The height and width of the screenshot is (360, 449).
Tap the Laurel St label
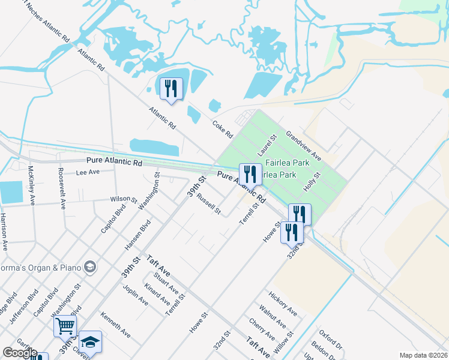pyautogui.click(x=267, y=146)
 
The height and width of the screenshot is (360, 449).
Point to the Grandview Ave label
pyautogui.click(x=303, y=146)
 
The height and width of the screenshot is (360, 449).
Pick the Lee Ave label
pyautogui.click(x=88, y=172)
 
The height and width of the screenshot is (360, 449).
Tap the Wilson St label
pyautogui.click(x=124, y=199)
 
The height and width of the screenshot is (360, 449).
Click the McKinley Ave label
pyautogui.click(x=32, y=185)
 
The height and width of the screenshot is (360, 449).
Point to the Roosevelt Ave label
pyautogui.click(x=61, y=188)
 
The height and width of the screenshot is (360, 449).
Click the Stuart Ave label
pyautogui.click(x=166, y=285)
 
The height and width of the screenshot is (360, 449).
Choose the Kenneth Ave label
pyautogui.click(x=115, y=323)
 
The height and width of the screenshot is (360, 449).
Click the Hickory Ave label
pyautogui.click(x=283, y=304)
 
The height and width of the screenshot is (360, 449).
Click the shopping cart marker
pyautogui.click(x=65, y=326)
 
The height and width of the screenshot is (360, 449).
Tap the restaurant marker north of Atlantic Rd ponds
pyautogui.click(x=171, y=89)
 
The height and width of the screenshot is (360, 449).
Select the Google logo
pyautogui.click(x=19, y=353)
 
